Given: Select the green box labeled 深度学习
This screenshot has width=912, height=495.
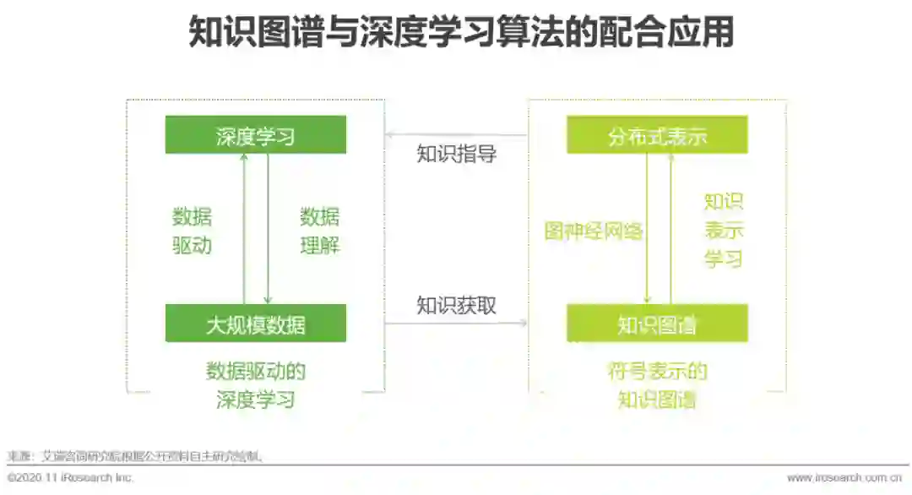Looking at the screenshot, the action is click(255, 135).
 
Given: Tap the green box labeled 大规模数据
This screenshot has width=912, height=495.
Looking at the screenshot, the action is click(255, 324).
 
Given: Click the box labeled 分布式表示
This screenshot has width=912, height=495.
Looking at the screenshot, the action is click(657, 135).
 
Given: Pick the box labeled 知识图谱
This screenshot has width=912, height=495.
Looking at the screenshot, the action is click(657, 324).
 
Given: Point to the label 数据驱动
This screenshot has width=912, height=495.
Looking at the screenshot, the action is click(193, 231).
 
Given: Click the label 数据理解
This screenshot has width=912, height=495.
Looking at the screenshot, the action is click(319, 231).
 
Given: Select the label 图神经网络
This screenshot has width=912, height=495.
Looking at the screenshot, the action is click(594, 231).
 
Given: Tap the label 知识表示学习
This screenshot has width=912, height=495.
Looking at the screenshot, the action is click(724, 230).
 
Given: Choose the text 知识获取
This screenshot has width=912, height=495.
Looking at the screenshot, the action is click(457, 305).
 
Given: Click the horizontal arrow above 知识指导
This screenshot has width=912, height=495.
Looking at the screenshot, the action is click(456, 135).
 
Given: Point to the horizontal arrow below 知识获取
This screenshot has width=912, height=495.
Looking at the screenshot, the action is click(456, 324).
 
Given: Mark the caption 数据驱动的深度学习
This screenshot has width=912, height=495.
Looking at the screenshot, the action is click(255, 384).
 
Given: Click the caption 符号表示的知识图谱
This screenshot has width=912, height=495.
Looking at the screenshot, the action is click(657, 384).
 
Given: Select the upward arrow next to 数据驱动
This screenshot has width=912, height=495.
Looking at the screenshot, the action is click(244, 229).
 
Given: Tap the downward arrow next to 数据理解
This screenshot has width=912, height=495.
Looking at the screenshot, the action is click(268, 229).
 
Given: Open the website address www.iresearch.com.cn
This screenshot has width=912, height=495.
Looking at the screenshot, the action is click(844, 478).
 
